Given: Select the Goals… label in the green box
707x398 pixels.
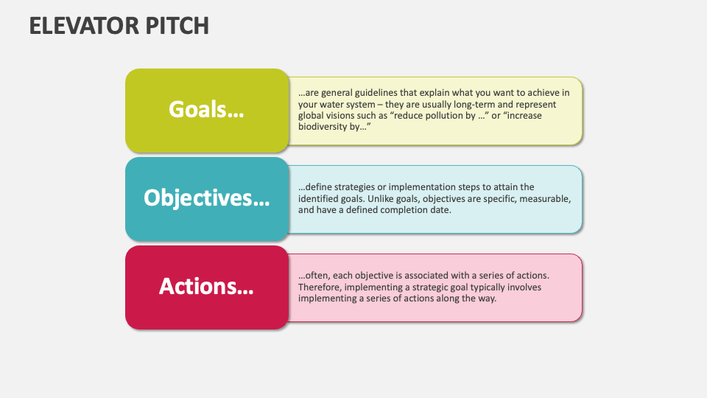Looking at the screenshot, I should point(206,110).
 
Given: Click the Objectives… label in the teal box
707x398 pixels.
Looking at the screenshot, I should point(206,198).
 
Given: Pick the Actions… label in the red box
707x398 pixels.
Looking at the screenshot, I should point(206,287).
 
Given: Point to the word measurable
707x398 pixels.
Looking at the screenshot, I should point(544,199).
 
